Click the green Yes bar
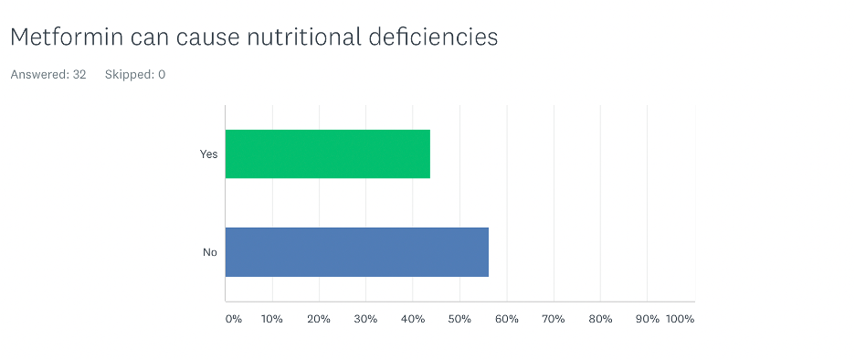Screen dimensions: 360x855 click(x=327, y=154)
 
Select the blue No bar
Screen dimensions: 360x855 click(x=356, y=251)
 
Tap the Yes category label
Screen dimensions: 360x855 click(x=208, y=154)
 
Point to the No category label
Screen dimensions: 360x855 click(x=209, y=251)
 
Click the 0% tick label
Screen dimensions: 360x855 click(x=234, y=319)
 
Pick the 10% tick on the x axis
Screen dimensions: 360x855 click(x=271, y=319)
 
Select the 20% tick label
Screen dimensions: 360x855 click(x=319, y=319)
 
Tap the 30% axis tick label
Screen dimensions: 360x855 click(x=365, y=319)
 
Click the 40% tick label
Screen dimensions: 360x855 click(x=413, y=319)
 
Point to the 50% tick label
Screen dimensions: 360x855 click(x=459, y=319)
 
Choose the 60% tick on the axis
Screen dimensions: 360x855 click(x=506, y=319)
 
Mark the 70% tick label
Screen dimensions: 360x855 click(x=554, y=319)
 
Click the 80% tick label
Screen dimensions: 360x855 click(x=600, y=319)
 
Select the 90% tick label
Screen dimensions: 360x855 click(x=647, y=319)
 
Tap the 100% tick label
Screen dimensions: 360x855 click(x=681, y=319)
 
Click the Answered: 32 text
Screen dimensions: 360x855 click(x=48, y=74)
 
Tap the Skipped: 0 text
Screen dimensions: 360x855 click(x=135, y=74)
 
